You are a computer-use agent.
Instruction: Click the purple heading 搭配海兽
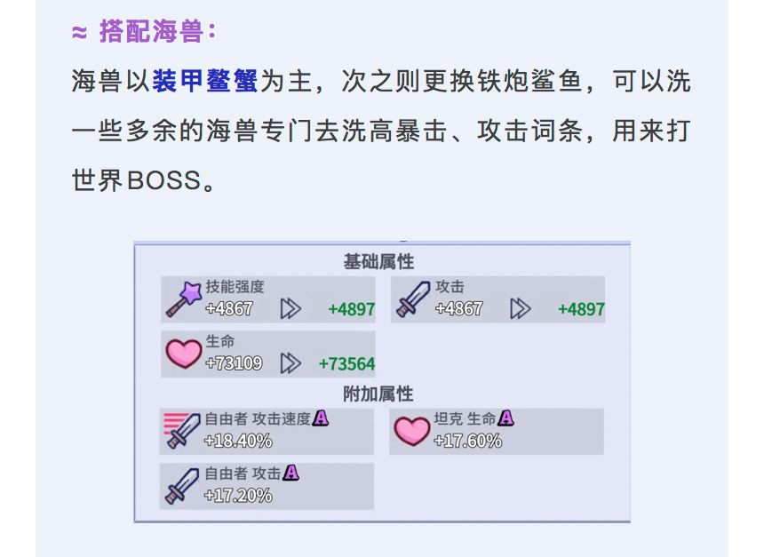(x=152, y=32)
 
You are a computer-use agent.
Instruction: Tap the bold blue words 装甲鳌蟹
(x=204, y=81)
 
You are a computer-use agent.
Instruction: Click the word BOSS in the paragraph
(x=163, y=180)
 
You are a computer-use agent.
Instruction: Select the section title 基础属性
(x=378, y=262)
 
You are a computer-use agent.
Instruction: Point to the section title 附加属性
(x=378, y=394)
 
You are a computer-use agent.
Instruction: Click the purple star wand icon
(x=184, y=298)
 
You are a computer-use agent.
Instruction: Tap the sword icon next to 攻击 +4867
(x=413, y=299)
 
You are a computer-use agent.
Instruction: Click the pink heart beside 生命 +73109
(x=184, y=354)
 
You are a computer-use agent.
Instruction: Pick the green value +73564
(x=346, y=364)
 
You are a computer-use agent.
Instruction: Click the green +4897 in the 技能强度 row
(x=351, y=309)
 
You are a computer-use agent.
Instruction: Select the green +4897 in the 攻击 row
(x=581, y=309)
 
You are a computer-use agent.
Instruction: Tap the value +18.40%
(x=238, y=441)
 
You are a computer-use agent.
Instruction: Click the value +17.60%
(x=467, y=441)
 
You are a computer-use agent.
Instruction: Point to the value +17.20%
(x=238, y=496)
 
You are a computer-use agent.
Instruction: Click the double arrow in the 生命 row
(x=290, y=363)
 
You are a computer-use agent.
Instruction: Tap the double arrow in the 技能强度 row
(x=290, y=309)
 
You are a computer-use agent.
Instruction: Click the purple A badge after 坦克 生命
(x=505, y=418)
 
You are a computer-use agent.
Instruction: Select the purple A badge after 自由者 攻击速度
(x=321, y=418)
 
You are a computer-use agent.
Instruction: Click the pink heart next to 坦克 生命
(x=412, y=431)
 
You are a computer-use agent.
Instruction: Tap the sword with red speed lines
(x=182, y=430)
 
